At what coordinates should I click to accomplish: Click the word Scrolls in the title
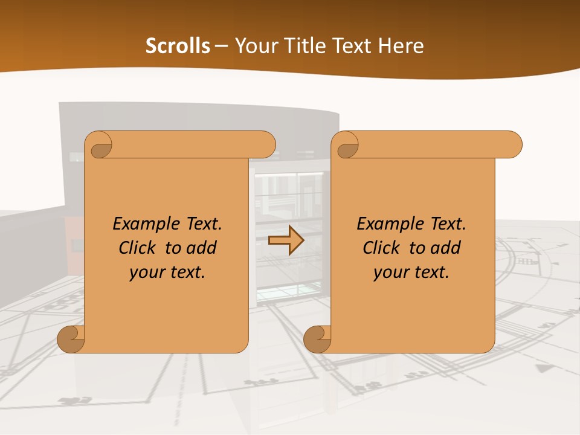click(x=178, y=46)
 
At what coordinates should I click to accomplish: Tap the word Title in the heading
click(x=306, y=46)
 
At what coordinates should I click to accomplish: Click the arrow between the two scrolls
click(x=286, y=241)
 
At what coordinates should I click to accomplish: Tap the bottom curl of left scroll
click(x=70, y=339)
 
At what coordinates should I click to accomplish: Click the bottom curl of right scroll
click(x=317, y=339)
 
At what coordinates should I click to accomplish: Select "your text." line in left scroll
click(x=167, y=272)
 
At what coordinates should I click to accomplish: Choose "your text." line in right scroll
click(x=411, y=272)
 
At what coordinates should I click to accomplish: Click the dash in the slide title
click(x=221, y=46)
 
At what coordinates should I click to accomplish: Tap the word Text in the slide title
click(x=353, y=46)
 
